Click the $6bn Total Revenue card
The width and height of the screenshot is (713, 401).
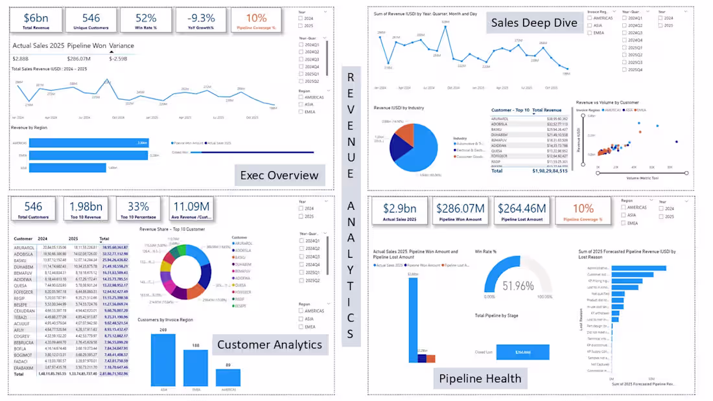[36, 20]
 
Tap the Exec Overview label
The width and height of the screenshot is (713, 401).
[279, 175]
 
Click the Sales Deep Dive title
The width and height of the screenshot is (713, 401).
[533, 23]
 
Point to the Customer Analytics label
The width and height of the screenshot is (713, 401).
[269, 344]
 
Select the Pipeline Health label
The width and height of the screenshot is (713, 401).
[480, 378]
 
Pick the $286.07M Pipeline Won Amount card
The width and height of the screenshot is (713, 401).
[461, 212]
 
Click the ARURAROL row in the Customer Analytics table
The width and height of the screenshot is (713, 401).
[26, 247]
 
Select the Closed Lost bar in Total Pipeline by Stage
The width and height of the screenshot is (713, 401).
[522, 352]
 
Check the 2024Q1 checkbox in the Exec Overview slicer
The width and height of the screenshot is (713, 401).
[301, 45]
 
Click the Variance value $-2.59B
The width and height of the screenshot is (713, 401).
[118, 58]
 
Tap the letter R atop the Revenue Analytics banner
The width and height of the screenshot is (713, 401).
[351, 77]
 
